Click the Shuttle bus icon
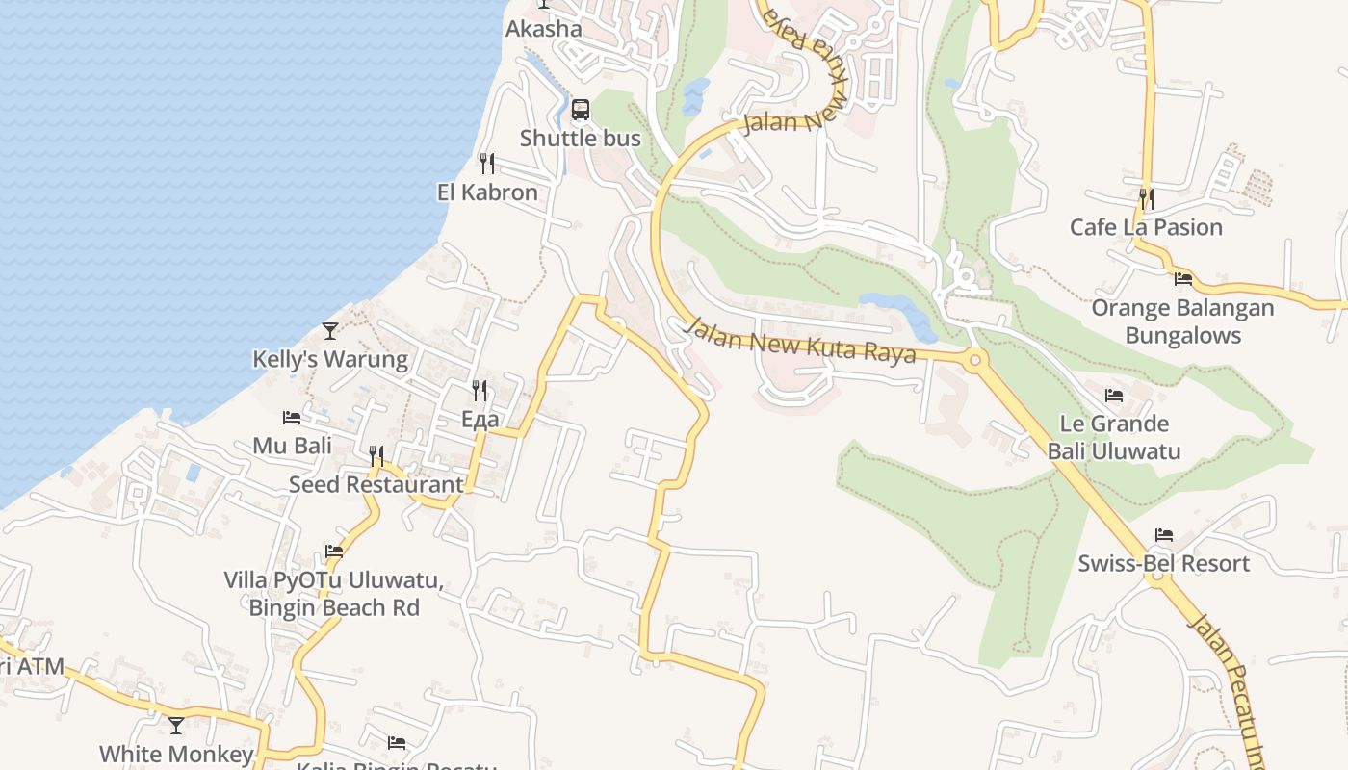click(x=580, y=110)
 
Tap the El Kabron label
click(x=487, y=192)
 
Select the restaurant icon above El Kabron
click(x=487, y=164)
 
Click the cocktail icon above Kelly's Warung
click(x=330, y=331)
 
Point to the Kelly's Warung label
click(x=330, y=360)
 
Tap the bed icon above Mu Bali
click(x=292, y=418)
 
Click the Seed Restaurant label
click(x=376, y=484)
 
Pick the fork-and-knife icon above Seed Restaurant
click(x=376, y=455)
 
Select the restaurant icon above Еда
click(x=480, y=390)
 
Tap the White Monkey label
click(x=176, y=754)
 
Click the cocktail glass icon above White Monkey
click(x=176, y=725)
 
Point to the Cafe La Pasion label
click(x=1146, y=227)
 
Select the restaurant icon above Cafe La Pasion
click(x=1146, y=198)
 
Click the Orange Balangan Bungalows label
click(x=1182, y=321)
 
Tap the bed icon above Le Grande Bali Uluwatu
click(x=1114, y=395)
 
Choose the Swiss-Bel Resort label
click(x=1163, y=563)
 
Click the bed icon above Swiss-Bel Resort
click(x=1164, y=535)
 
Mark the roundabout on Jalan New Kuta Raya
click(x=974, y=361)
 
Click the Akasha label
click(x=544, y=29)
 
